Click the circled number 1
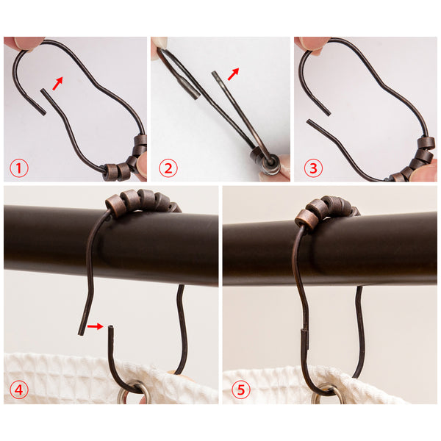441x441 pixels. pyautogui.click(x=19, y=168)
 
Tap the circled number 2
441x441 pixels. pyautogui.click(x=168, y=168)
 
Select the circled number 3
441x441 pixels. pyautogui.click(x=313, y=168)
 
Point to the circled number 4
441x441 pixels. pyautogui.click(x=19, y=390)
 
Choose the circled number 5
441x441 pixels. pyautogui.click(x=241, y=390)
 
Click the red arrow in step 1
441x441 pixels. pyautogui.click(x=57, y=84)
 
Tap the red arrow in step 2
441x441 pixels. pyautogui.click(x=233, y=74)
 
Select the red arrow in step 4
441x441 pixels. pyautogui.click(x=95, y=326)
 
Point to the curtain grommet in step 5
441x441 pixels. pyautogui.click(x=328, y=395)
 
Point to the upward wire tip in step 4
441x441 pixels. pyautogui.click(x=110, y=327)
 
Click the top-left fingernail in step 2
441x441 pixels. pyautogui.click(x=161, y=43)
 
